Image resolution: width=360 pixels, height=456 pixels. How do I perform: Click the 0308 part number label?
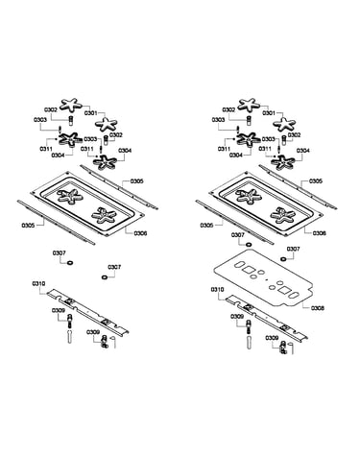pos(318,308)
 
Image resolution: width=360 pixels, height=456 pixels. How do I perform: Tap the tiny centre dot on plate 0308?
pos(267,279)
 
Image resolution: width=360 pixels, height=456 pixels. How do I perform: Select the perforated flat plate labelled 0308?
pos(262,277)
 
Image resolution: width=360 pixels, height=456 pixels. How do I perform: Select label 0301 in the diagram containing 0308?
pos(269,113)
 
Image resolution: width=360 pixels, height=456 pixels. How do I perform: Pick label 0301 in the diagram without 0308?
pos(90,113)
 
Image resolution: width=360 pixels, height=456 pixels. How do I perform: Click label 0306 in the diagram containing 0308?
pos(319,233)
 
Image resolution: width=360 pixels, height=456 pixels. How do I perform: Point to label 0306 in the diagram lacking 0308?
pos(140,233)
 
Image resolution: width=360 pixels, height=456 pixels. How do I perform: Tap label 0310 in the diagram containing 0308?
pos(217,290)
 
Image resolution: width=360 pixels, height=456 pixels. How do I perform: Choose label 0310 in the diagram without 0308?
pos(38,284)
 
